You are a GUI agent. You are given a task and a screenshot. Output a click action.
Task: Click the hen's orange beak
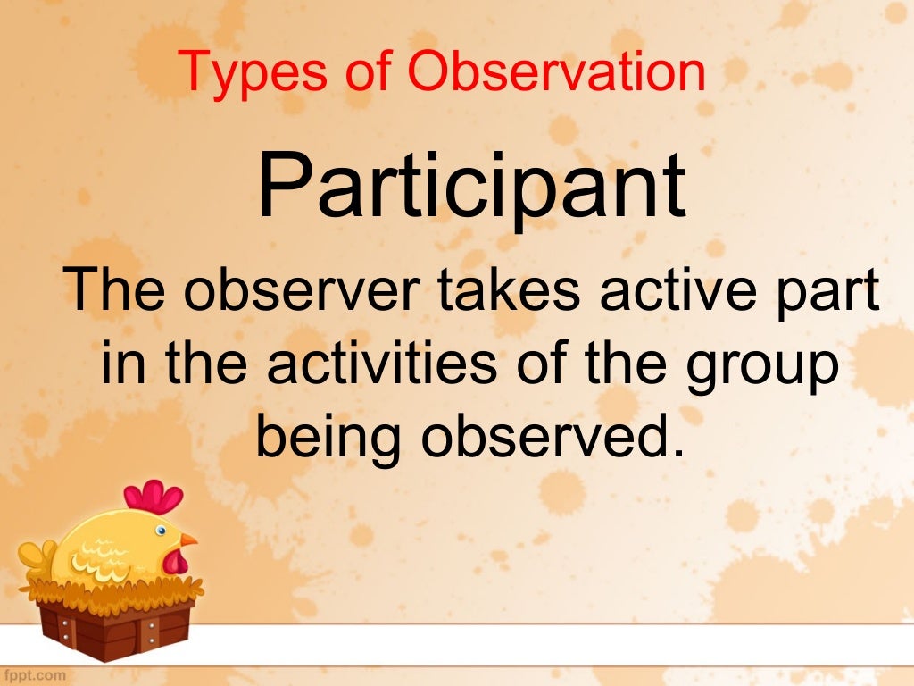(187, 540)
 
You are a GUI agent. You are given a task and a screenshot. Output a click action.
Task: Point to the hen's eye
(160, 531)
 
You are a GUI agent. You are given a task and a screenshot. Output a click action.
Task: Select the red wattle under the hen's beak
(178, 561)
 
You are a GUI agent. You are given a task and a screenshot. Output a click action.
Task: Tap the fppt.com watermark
(34, 675)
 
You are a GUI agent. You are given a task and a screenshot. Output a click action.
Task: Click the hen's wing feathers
(106, 562)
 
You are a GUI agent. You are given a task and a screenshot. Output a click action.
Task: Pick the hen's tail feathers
(37, 557)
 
